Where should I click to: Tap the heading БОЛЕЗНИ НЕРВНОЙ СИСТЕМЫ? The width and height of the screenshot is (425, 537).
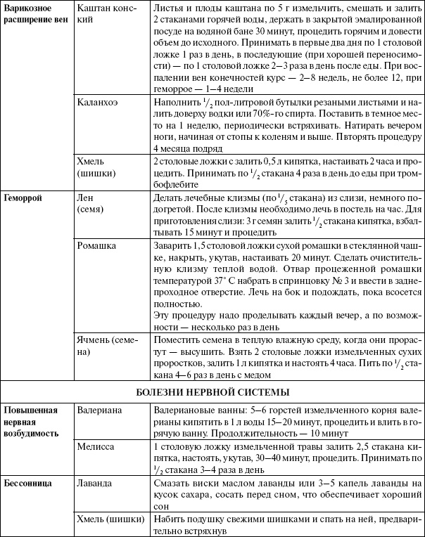click(x=212, y=392)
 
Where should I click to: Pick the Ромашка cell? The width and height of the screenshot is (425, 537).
click(x=98, y=247)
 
